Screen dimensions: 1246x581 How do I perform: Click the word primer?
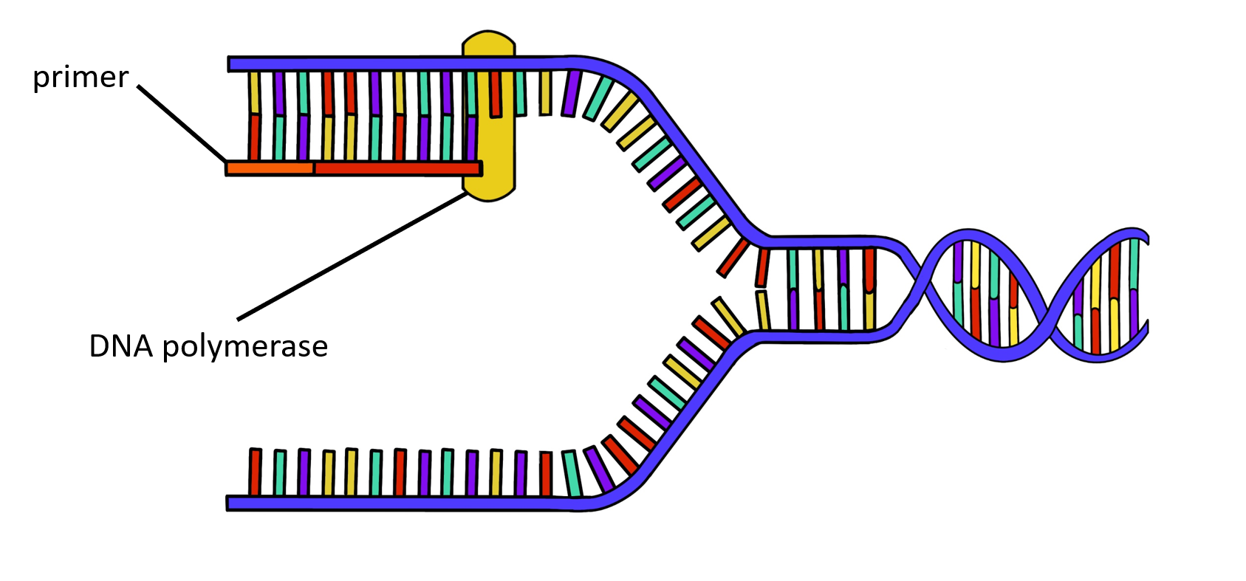[81, 78]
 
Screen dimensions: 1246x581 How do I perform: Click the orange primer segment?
[270, 168]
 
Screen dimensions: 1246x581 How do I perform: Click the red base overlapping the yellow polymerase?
[495, 94]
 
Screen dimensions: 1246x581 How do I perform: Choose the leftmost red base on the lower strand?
[255, 472]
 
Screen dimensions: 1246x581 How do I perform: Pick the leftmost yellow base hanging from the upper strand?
[253, 92]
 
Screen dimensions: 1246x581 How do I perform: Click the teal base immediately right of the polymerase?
[521, 93]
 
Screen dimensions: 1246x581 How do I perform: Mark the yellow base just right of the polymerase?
[545, 93]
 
